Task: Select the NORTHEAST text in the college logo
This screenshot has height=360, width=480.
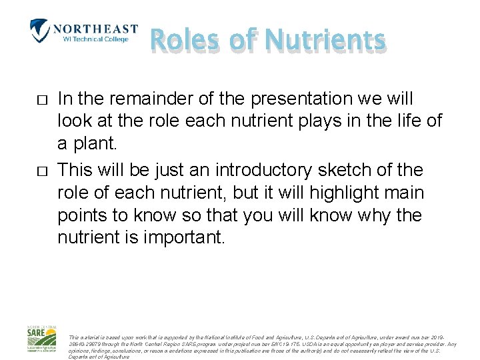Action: (x=95, y=29)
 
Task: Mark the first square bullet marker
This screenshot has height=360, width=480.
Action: (x=41, y=100)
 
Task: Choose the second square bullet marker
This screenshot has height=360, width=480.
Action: (x=41, y=171)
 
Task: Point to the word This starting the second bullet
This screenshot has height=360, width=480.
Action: (x=76, y=170)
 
